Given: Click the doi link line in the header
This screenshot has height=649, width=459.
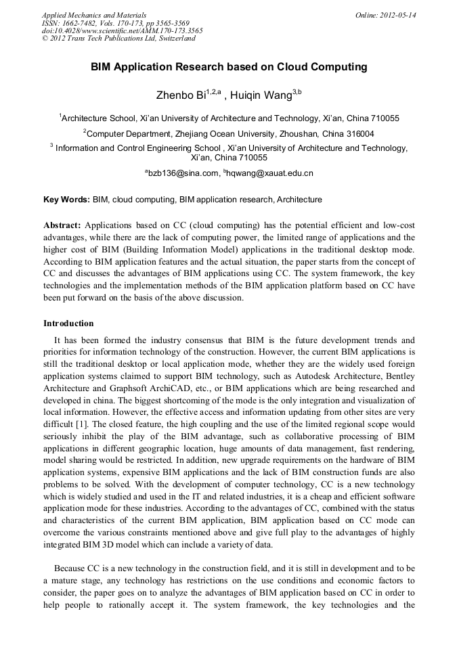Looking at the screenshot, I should tap(122, 30).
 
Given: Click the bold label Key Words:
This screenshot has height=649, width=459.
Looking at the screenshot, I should tap(66, 200).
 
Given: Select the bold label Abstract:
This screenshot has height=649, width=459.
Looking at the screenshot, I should tap(62, 224).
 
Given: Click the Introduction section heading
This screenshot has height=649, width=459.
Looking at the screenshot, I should tap(68, 323).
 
